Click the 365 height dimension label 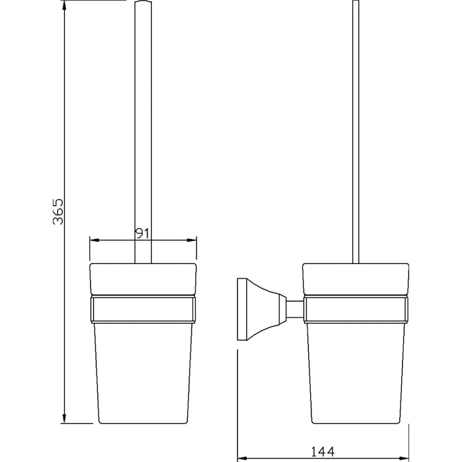click(x=58, y=212)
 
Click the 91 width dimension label click(x=143, y=234)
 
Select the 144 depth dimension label click(x=323, y=451)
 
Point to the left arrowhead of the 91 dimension click(x=94, y=240)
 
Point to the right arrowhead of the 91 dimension click(x=191, y=240)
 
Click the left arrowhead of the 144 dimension click(x=242, y=459)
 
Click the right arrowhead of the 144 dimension click(x=404, y=459)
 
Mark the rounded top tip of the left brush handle click(x=143, y=1)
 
